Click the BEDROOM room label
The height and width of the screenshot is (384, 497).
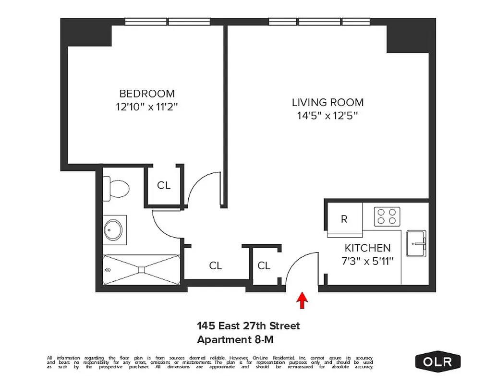click(147, 94)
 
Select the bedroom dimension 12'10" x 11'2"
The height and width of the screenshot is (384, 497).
click(147, 107)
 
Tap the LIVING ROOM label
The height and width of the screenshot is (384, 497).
click(327, 102)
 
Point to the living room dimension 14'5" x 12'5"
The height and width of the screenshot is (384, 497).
click(327, 116)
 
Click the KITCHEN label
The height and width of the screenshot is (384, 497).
click(367, 248)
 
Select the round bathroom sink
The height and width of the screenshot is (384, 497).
click(114, 230)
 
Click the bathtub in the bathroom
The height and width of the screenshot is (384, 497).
click(141, 270)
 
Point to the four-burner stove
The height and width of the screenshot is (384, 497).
click(387, 216)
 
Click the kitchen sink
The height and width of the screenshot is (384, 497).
click(417, 243)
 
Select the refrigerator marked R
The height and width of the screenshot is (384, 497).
click(344, 219)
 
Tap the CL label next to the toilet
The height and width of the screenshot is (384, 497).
click(164, 185)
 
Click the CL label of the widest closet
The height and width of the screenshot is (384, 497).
click(216, 265)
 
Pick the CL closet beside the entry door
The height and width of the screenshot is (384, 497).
click(264, 265)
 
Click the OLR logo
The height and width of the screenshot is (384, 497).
click(437, 361)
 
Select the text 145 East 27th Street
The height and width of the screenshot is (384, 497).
click(248, 326)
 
